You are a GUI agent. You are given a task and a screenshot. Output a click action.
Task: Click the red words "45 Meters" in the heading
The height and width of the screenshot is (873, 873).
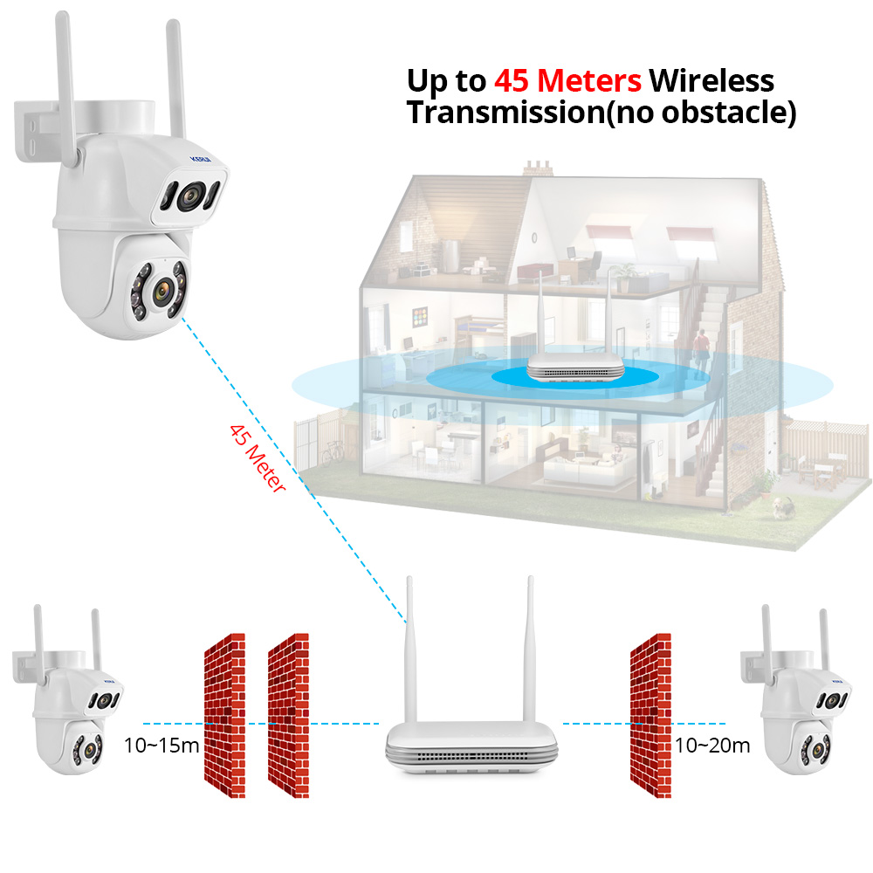coord(567,80)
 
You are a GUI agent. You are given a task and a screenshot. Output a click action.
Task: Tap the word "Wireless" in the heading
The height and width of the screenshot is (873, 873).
coord(711,80)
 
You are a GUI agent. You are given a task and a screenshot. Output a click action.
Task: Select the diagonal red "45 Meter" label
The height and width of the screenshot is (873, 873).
coord(257,459)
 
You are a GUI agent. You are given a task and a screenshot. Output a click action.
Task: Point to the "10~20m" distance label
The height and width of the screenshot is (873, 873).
coord(712,746)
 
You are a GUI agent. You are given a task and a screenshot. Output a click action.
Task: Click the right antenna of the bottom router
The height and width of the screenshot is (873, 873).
coord(529,646)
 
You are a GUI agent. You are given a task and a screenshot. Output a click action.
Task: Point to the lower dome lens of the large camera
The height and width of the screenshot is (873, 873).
coord(162,288)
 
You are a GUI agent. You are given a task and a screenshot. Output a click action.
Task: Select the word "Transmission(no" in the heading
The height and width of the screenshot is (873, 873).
coord(525,112)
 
